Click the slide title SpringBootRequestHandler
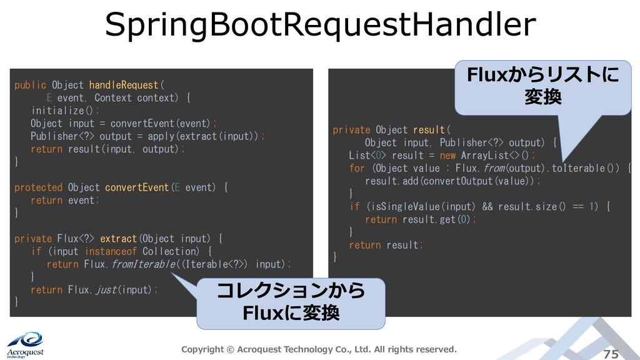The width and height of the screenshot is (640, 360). pos(320,25)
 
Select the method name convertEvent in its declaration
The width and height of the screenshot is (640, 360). pos(137,187)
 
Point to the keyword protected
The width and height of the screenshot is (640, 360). pos(38,187)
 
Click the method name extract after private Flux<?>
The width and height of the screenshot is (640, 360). pos(118,239)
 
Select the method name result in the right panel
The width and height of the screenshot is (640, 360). pos(428,130)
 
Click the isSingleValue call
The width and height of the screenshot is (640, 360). pos(404,207)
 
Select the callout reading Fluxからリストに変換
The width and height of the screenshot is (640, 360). pos(542,87)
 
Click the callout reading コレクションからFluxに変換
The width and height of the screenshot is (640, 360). pos(291,303)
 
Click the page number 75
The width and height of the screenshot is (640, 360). pos(611,354)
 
